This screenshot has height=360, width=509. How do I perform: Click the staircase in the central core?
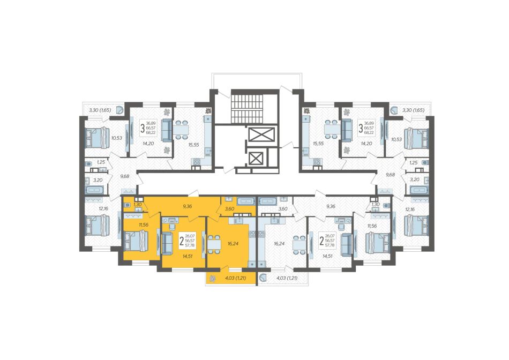click(246, 108)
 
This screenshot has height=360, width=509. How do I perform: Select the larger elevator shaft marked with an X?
click(261, 134)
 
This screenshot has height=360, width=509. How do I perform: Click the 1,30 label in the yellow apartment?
click(138, 204)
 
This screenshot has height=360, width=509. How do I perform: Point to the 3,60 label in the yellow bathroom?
click(229, 209)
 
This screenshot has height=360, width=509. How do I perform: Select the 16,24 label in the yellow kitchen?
click(233, 243)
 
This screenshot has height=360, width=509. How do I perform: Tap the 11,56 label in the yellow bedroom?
click(143, 224)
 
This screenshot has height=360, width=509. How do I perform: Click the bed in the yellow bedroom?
click(136, 241)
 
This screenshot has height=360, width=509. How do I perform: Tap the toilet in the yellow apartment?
click(128, 205)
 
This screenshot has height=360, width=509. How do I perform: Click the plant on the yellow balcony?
click(213, 278)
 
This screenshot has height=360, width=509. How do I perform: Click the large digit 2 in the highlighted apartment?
click(181, 241)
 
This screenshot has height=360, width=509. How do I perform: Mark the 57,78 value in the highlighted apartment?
click(190, 245)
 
